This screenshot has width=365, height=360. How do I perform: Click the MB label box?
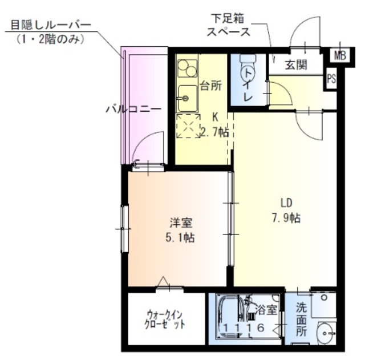pyautogui.click(x=340, y=55)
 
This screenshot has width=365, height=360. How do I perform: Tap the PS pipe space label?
pyautogui.click(x=331, y=80)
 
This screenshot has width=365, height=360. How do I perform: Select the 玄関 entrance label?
pyautogui.click(x=296, y=64)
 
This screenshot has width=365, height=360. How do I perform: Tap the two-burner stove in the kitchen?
pyautogui.click(x=186, y=69)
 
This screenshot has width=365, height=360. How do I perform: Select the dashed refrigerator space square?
pyautogui.click(x=188, y=126)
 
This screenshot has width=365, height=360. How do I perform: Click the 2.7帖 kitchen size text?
pyautogui.click(x=214, y=132)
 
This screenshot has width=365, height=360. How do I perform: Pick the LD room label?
pyautogui.click(x=286, y=203)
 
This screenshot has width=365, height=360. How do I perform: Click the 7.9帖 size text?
pyautogui.click(x=286, y=217)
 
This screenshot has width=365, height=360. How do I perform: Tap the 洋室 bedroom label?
pyautogui.click(x=180, y=223)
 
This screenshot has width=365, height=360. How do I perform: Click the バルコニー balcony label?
pyautogui.click(x=133, y=108)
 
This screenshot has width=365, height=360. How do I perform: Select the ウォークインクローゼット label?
pyautogui.click(x=166, y=319)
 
